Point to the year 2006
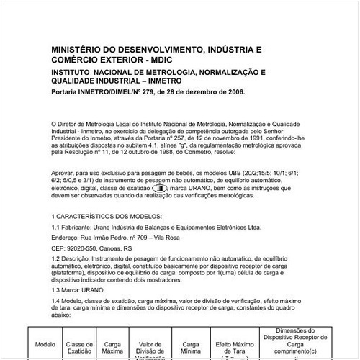coord(233,92)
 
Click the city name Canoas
coord(114,246)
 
